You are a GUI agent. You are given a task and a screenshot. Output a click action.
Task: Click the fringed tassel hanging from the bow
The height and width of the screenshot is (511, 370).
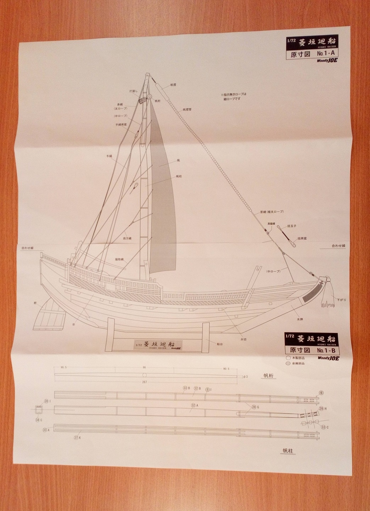pos(328,298)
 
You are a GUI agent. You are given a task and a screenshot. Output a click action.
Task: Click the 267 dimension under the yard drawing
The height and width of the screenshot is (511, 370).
pos(144,382)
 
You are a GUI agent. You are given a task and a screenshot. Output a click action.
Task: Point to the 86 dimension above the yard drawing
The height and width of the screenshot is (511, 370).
pos(144,368)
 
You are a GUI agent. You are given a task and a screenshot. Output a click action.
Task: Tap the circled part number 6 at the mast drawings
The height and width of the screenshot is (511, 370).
pos(321,393)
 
